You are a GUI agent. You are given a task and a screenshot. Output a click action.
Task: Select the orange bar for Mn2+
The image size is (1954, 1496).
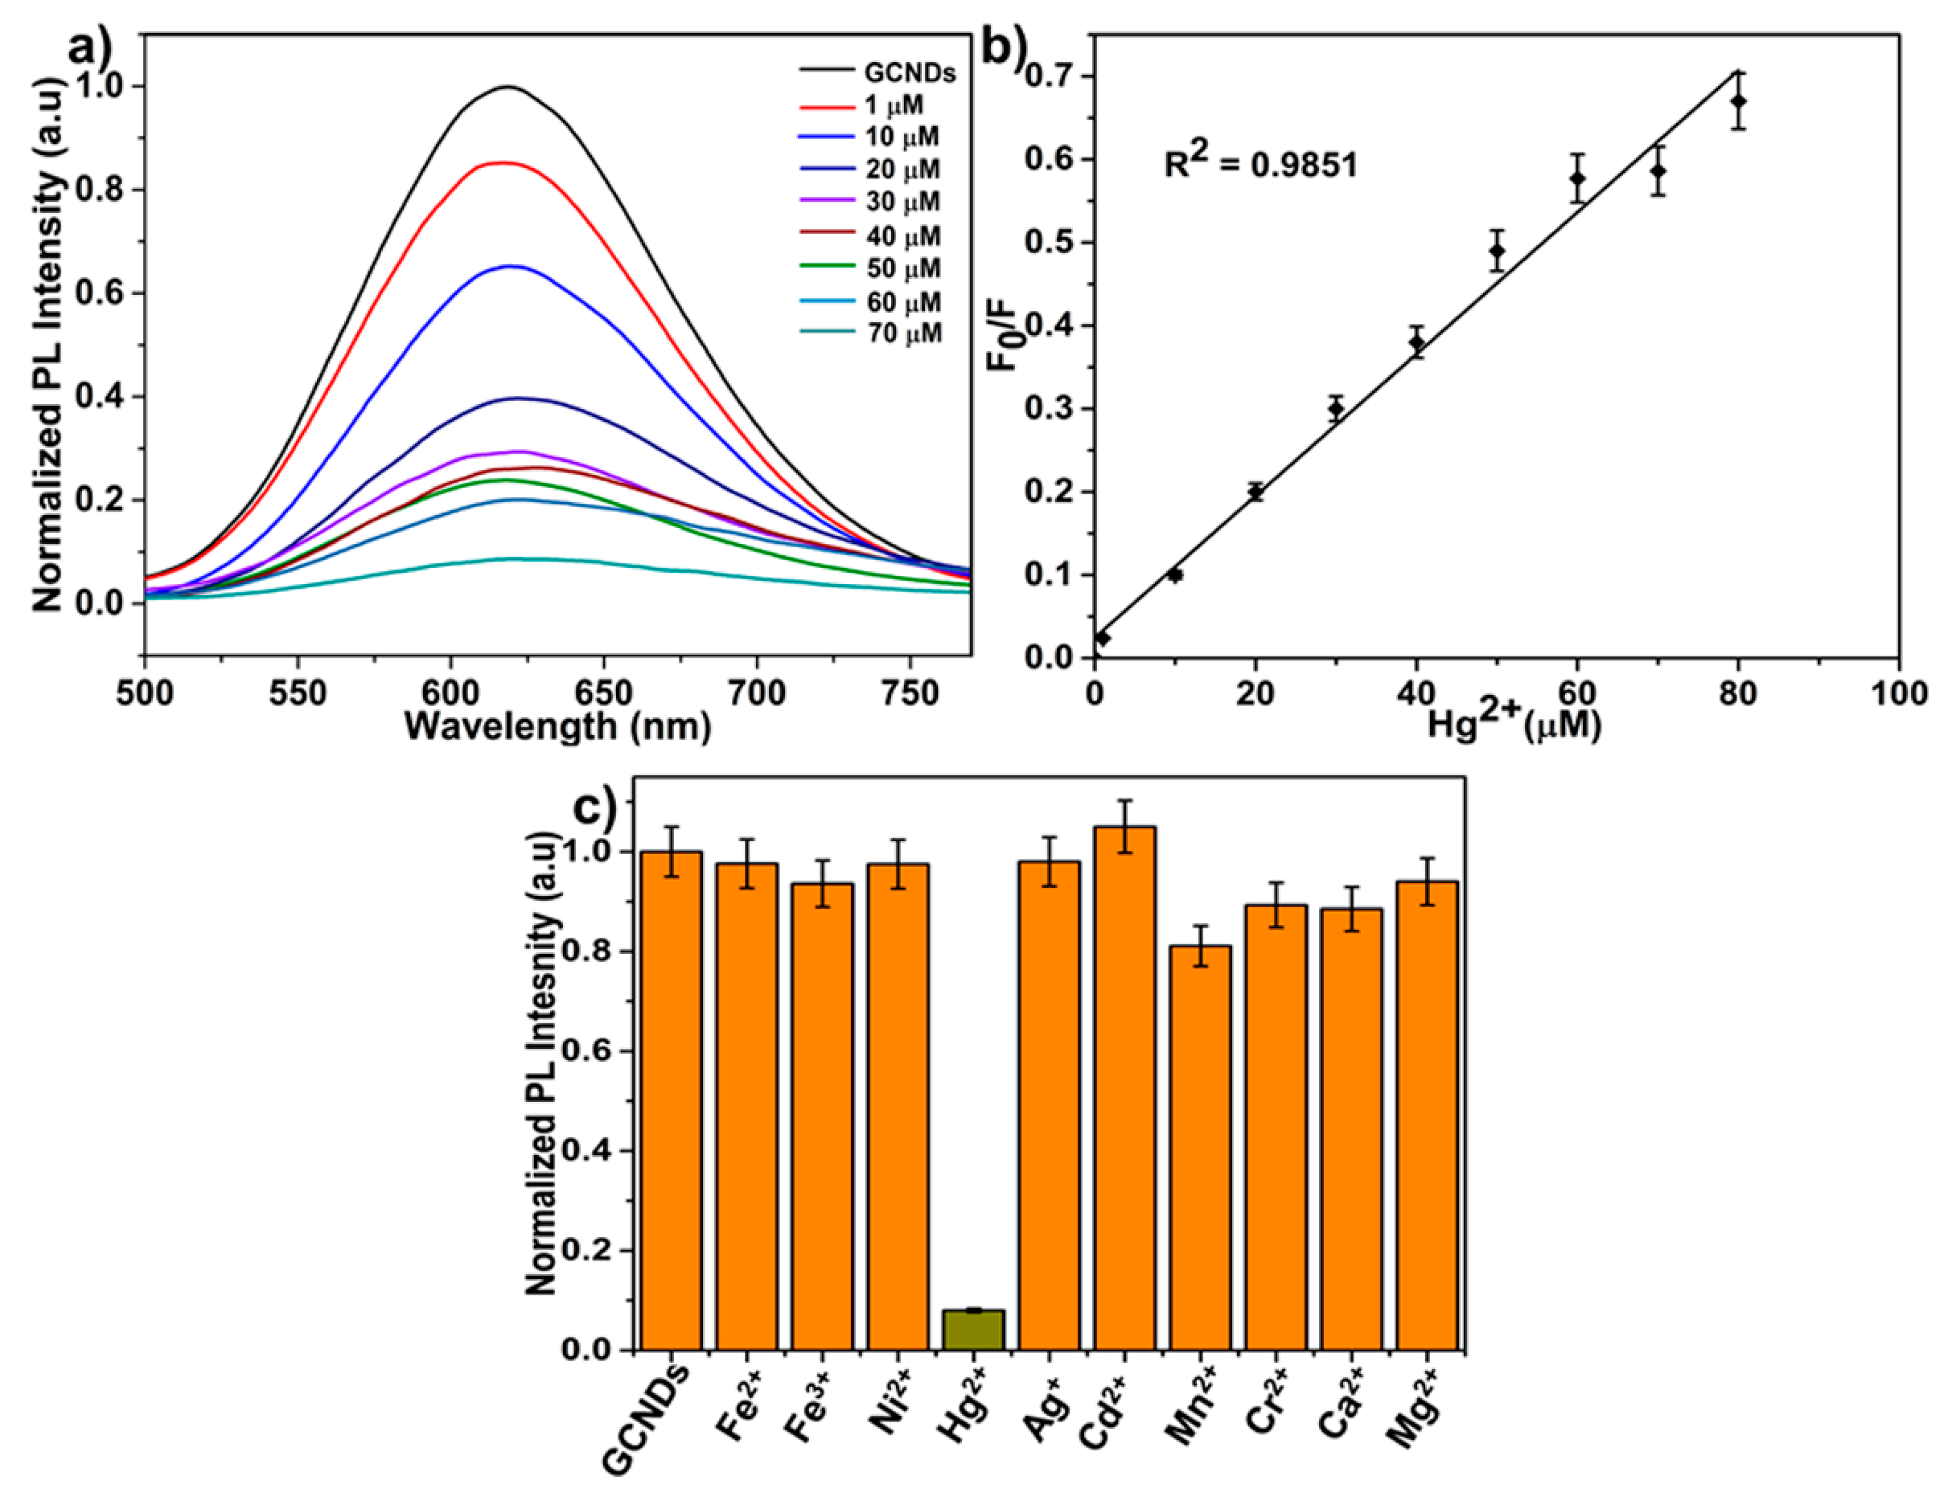tap(1200, 1149)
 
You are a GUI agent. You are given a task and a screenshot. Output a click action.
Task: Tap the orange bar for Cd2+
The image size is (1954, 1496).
tap(1125, 1087)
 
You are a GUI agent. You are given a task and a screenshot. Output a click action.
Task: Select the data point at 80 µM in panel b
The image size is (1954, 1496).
tap(1737, 101)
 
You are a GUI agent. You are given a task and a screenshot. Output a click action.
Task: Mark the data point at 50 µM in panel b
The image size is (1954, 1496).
tap(1497, 250)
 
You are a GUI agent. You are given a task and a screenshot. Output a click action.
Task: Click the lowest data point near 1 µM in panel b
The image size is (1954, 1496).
tap(1102, 638)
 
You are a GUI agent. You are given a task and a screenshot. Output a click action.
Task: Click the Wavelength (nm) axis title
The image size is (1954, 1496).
tap(558, 727)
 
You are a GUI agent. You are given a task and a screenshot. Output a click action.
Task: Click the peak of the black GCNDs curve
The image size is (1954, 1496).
tap(508, 86)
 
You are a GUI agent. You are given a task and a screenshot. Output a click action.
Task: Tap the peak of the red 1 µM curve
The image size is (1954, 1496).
tap(504, 162)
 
